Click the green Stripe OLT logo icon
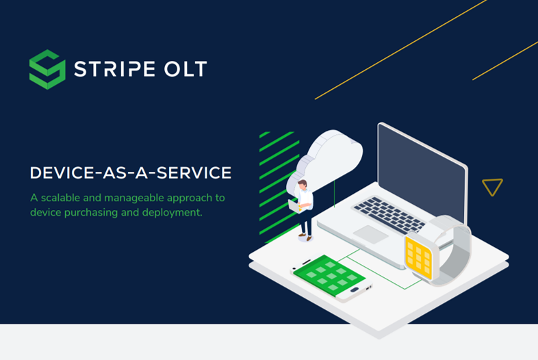coord(47,69)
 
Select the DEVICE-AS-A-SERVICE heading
coord(130,173)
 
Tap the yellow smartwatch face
coord(418,257)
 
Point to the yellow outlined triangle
coord(492,186)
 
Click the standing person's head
coord(302,185)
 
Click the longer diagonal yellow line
coord(400,49)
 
